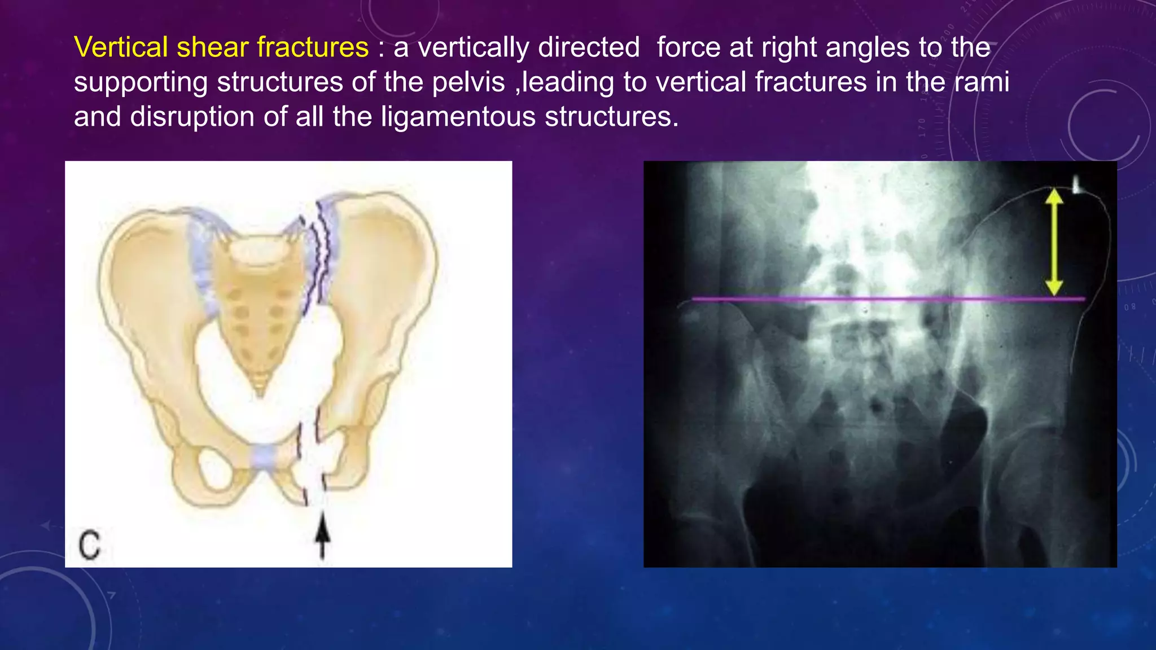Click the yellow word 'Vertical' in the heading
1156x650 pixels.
[x=121, y=47]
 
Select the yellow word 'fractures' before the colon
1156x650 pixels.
[x=313, y=47]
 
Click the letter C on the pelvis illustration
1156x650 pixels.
[x=89, y=545]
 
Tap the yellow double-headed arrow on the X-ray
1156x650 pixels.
[x=1054, y=243]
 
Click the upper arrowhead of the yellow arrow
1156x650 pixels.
[x=1054, y=196]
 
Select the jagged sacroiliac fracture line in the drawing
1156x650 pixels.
[x=319, y=254]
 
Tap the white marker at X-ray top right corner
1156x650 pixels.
[x=1077, y=185]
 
